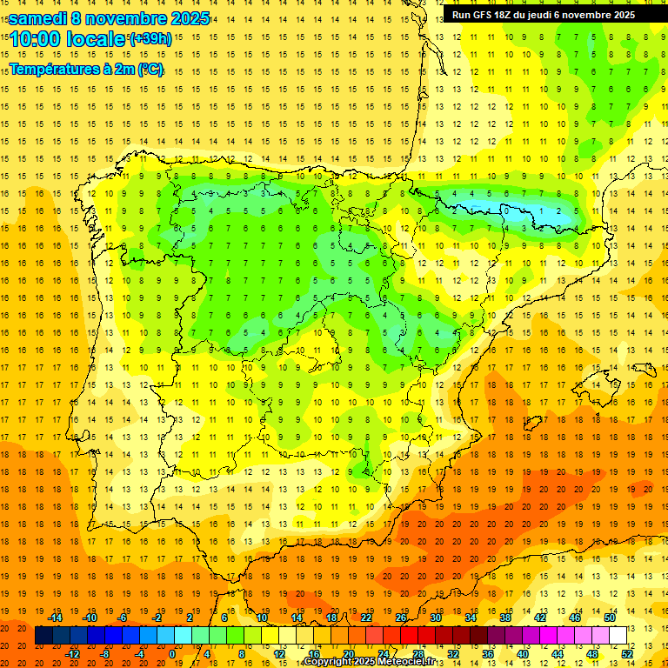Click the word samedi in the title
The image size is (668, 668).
37,18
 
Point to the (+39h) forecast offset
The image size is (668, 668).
150,39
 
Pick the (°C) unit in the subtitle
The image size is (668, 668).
150,69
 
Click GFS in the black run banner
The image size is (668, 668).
484,15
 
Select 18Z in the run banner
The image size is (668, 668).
507,15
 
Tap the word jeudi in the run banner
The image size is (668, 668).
550,15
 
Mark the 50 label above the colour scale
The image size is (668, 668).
610,618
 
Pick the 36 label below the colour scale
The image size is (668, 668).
487,654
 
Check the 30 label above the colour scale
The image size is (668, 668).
435,618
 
